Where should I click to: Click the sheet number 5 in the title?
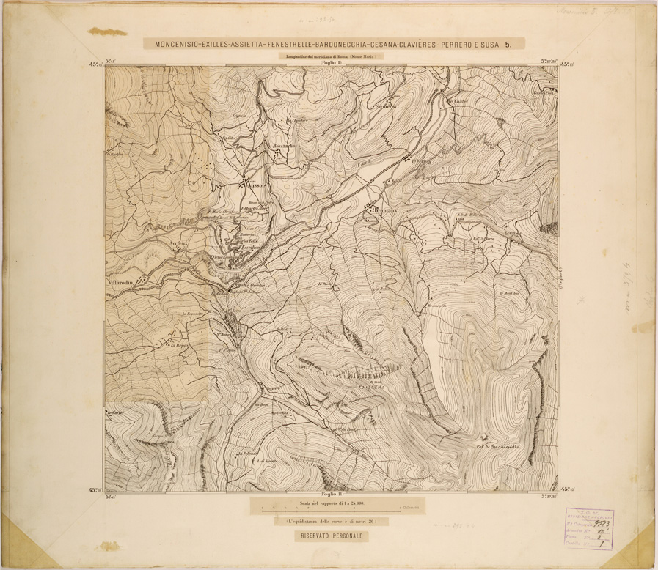pyautogui.click(x=519, y=44)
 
